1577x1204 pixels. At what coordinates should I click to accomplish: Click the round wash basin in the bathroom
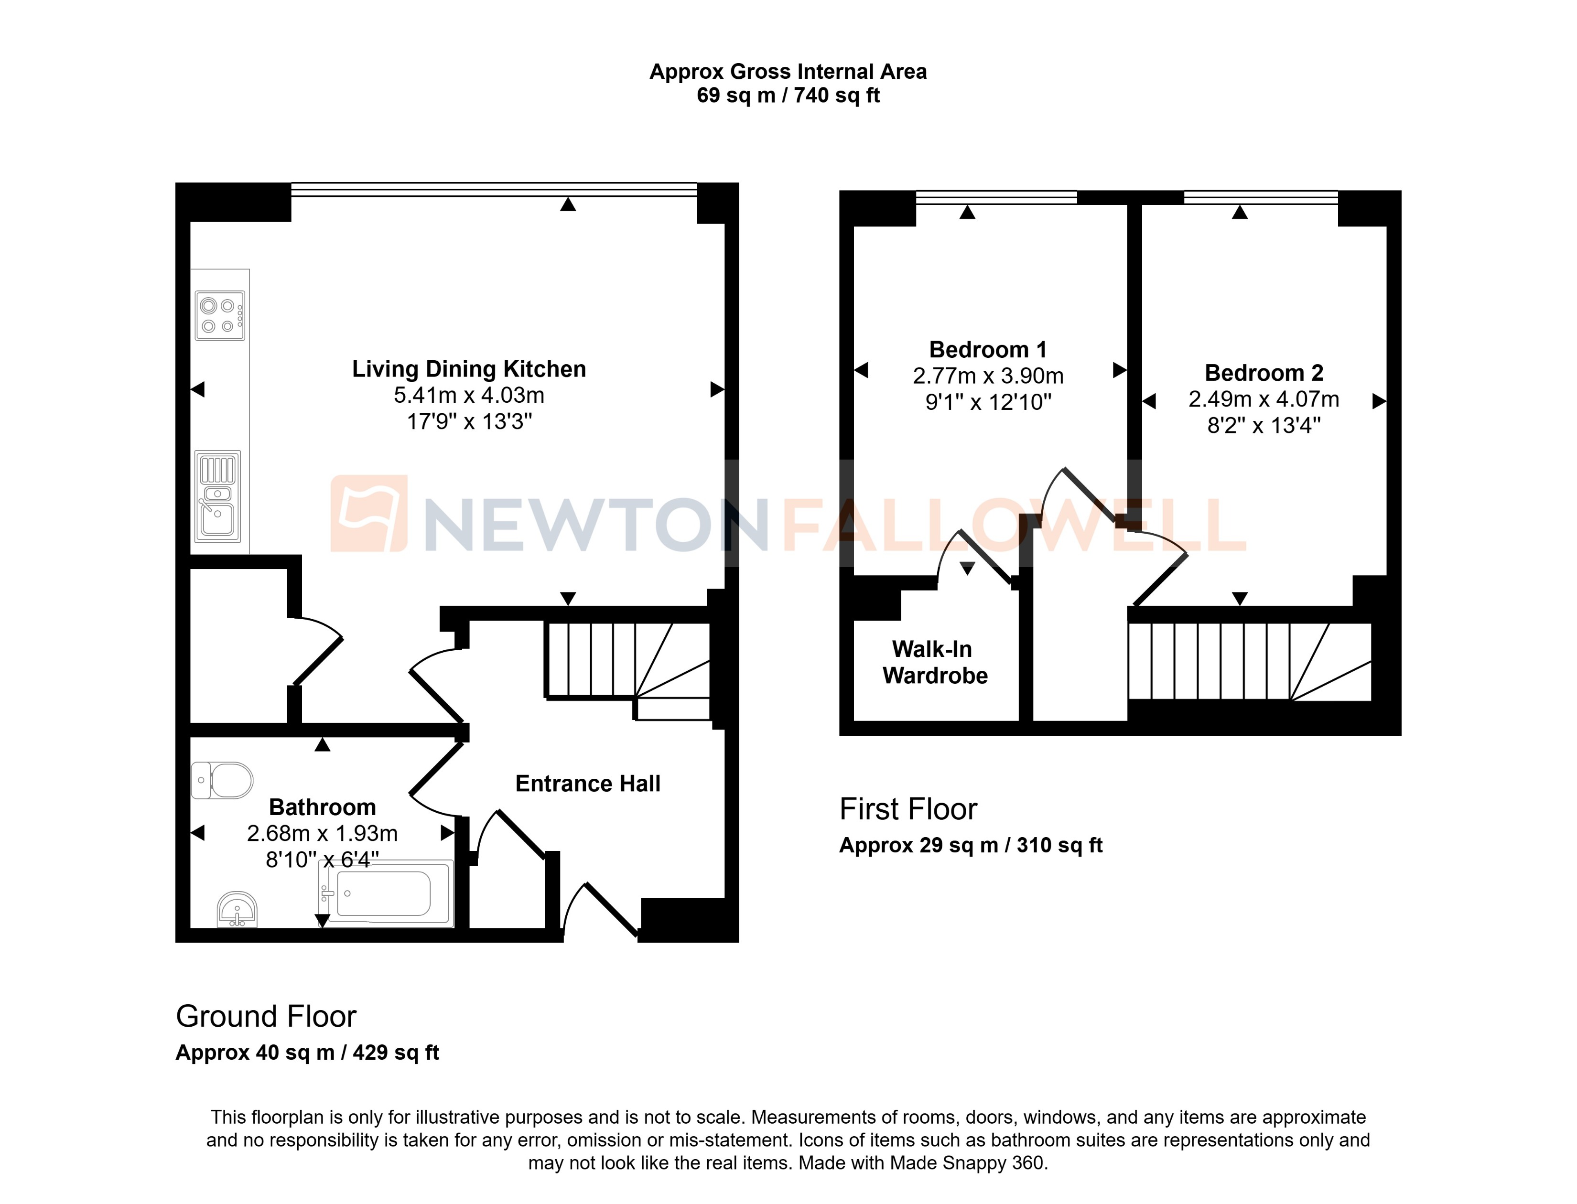pyautogui.click(x=237, y=909)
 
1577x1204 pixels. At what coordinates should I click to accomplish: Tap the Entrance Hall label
pyautogui.click(x=588, y=784)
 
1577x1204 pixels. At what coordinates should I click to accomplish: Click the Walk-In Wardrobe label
pyautogui.click(x=935, y=662)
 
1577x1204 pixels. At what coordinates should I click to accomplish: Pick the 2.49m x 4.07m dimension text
pyautogui.click(x=1263, y=399)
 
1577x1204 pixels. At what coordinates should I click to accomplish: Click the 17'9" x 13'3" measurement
pyautogui.click(x=469, y=421)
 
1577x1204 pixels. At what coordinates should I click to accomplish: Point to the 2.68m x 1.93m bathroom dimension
pyautogui.click(x=322, y=833)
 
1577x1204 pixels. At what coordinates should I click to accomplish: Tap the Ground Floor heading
pyautogui.click(x=266, y=1016)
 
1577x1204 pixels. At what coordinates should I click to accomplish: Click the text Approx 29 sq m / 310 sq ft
pyautogui.click(x=971, y=846)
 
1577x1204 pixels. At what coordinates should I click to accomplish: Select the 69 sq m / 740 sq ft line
pyautogui.click(x=788, y=96)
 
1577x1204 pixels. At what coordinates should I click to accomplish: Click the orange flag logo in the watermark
pyautogui.click(x=368, y=513)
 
